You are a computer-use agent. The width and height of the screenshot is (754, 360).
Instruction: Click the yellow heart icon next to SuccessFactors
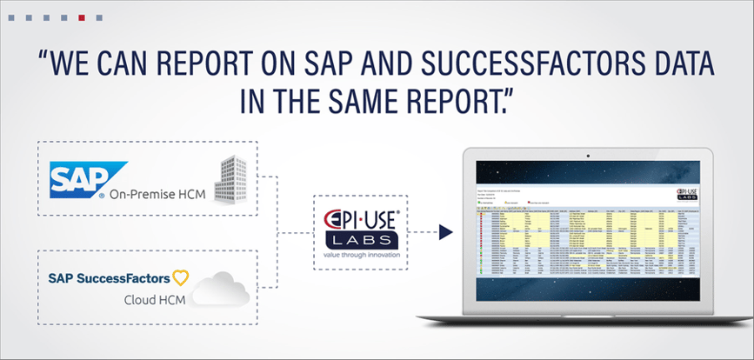[x=180, y=278]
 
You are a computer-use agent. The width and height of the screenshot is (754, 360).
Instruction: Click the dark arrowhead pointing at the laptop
[x=446, y=232]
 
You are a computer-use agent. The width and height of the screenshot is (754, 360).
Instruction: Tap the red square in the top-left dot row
[x=82, y=17]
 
